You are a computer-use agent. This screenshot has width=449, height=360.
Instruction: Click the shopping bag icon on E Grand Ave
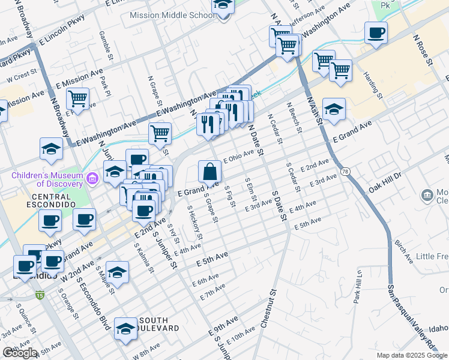tap(209, 172)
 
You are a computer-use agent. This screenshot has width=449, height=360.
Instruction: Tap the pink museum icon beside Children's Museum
tap(92, 178)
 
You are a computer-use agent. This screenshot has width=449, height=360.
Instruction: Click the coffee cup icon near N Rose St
tap(376, 33)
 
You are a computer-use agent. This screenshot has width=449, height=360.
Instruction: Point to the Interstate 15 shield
tap(40, 295)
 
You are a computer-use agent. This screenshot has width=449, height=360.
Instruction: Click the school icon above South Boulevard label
tap(125, 328)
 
